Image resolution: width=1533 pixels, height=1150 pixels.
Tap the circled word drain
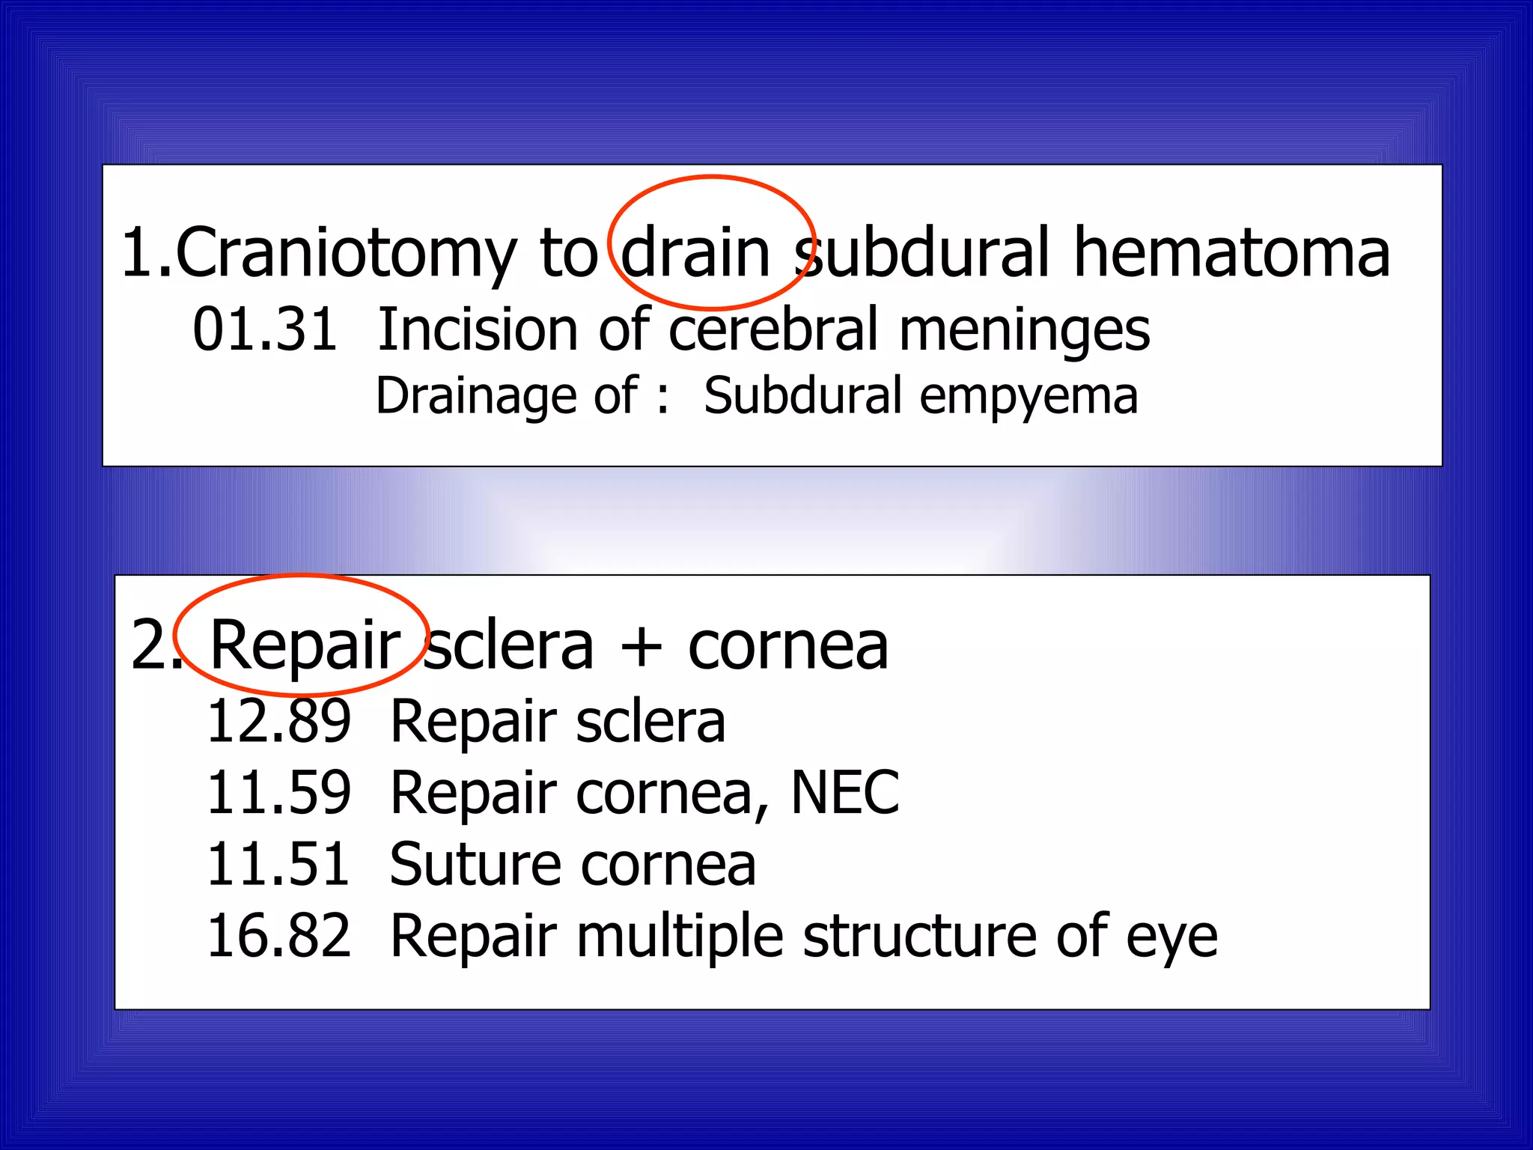coord(695,252)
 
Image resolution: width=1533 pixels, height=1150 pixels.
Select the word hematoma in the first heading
coord(1231,252)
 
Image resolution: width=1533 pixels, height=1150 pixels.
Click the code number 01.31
coord(265,329)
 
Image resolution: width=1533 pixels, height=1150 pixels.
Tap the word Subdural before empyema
coord(802,395)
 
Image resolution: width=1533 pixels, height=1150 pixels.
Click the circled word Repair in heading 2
coord(304,645)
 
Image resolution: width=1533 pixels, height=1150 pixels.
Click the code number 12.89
coord(278,721)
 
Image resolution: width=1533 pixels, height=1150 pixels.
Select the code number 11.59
coord(278,793)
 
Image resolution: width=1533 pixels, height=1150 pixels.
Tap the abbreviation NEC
coord(845,792)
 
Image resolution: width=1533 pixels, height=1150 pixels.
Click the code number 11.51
coord(278,864)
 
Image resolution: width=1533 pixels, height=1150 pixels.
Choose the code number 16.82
coord(278,936)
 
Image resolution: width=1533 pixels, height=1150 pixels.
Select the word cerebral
coord(772,329)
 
